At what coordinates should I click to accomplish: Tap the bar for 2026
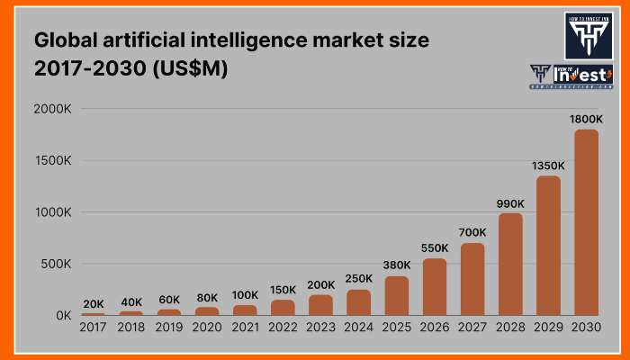[434, 286]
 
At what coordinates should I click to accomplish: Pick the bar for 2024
[358, 301]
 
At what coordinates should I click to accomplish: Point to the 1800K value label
[586, 119]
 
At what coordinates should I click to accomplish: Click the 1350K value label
[548, 166]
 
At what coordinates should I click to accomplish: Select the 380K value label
[396, 265]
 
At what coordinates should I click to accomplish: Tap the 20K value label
[93, 304]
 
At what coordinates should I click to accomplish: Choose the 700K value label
[472, 233]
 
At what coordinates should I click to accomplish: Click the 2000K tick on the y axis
[51, 110]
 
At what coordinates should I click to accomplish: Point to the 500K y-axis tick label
[55, 265]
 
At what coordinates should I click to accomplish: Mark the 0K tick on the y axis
[62, 316]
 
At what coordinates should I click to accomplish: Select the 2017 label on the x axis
[93, 329]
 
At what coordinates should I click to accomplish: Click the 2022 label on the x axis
[283, 329]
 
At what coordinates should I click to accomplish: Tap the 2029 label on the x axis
[548, 329]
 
